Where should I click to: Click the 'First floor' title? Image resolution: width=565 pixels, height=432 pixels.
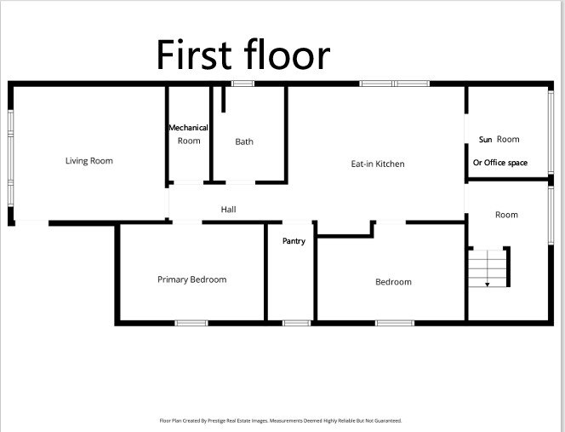pos(243,55)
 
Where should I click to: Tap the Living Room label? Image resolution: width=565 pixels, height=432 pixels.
pos(89,161)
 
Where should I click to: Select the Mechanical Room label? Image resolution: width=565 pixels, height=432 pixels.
pos(188,134)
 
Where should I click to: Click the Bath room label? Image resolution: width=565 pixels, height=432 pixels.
pos(244,141)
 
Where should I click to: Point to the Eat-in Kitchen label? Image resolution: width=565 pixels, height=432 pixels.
pos(378,164)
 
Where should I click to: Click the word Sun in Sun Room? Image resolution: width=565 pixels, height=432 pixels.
pos(485,139)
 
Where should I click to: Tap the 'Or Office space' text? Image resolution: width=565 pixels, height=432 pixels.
pos(500,163)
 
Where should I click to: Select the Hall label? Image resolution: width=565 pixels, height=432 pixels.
pos(228,210)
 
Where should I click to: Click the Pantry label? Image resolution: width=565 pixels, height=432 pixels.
pos(294,241)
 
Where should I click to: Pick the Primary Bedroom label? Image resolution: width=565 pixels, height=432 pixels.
pos(192,279)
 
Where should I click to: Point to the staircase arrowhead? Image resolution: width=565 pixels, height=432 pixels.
pos(488,285)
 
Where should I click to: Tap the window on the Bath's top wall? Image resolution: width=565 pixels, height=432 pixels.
pos(243,84)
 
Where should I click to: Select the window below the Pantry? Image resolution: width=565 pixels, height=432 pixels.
pos(296,323)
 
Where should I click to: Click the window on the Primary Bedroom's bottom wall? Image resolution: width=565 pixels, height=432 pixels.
pos(191,323)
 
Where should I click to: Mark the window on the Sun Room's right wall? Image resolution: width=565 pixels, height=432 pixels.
pos(551,132)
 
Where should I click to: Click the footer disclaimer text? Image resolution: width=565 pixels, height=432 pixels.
pos(280,421)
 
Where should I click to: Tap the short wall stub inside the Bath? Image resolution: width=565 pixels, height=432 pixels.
pos(224,99)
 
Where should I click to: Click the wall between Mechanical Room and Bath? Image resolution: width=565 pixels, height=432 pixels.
pos(211,134)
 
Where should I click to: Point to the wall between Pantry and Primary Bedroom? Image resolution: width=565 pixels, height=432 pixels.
pos(266,272)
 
